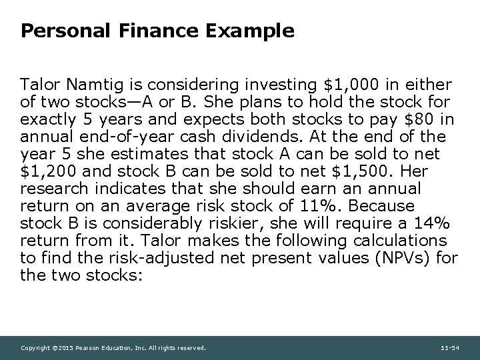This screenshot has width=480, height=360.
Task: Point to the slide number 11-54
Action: tap(450, 348)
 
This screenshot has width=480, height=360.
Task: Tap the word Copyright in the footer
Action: tap(34, 348)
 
